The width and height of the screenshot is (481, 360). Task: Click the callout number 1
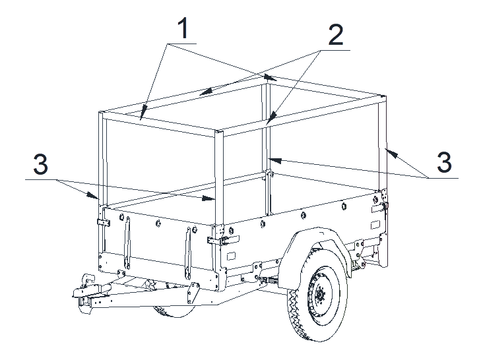(x=183, y=28)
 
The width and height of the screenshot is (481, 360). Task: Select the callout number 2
(x=336, y=35)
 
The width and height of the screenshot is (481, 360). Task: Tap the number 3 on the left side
(x=40, y=164)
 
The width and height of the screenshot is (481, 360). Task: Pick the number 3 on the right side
(x=444, y=162)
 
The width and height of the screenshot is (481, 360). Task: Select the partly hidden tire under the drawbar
(x=172, y=311)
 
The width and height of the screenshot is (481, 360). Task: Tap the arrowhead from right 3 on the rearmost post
(x=391, y=153)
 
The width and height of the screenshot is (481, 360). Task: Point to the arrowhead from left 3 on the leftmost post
(x=91, y=195)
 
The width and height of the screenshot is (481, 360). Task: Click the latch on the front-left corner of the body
(x=104, y=223)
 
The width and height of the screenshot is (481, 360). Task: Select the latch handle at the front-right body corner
(x=223, y=240)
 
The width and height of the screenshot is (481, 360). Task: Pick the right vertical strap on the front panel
(x=188, y=253)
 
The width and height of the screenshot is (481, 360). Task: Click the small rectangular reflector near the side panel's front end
(x=231, y=256)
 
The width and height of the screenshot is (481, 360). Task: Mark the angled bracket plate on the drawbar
(x=193, y=293)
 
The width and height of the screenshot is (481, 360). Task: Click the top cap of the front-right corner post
(x=219, y=132)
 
